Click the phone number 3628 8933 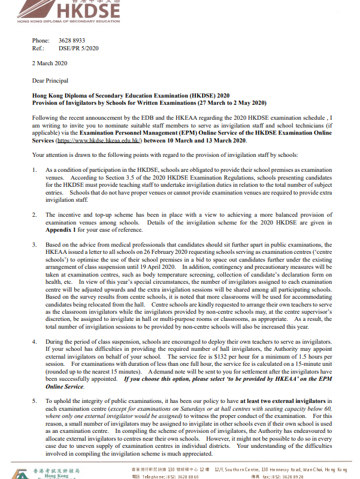(71, 40)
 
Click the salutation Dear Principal (50, 80)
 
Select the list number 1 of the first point (34, 171)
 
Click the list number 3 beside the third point (34, 245)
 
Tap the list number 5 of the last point (34, 399)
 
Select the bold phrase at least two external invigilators (280, 399)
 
